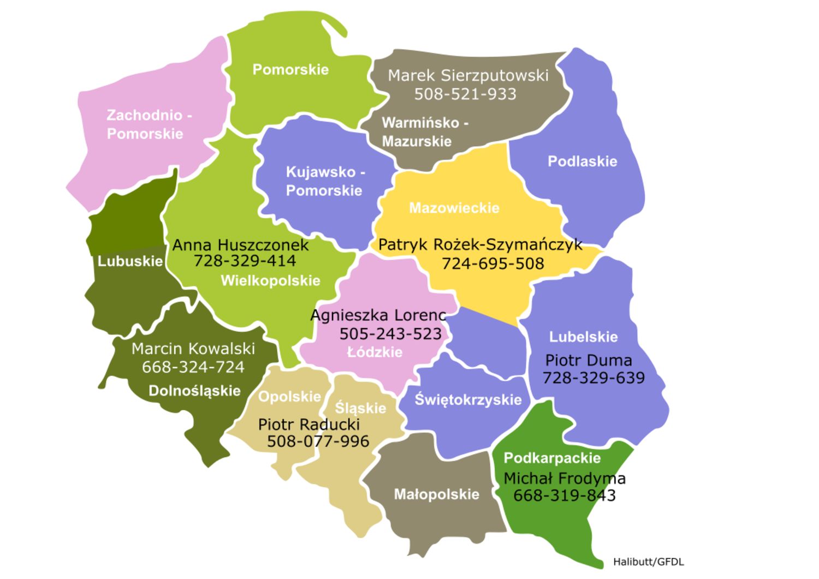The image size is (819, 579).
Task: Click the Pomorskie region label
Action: [x=290, y=70]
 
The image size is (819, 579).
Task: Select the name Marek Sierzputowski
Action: [x=468, y=75]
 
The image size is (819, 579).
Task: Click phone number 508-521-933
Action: [x=465, y=94]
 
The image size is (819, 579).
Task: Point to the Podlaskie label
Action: [x=582, y=162]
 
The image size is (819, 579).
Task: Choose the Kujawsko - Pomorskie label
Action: [x=325, y=181]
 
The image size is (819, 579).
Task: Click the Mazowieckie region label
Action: [x=454, y=208]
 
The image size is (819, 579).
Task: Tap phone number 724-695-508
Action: [x=492, y=264]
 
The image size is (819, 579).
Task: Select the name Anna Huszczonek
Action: [x=240, y=246]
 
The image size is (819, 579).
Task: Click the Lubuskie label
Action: [x=130, y=261]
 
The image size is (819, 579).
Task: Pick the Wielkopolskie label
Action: [x=270, y=281]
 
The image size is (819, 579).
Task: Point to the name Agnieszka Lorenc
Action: [x=378, y=315]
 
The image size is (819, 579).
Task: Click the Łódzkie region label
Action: [x=375, y=353]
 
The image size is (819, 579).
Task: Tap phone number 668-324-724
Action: [x=193, y=367]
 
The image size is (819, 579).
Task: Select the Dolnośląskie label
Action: [x=194, y=391]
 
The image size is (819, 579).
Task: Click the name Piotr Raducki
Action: [x=308, y=425]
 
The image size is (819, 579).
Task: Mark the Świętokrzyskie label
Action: [x=468, y=400]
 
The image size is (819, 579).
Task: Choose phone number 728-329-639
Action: [x=594, y=378]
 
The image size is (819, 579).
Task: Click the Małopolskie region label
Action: [x=436, y=494]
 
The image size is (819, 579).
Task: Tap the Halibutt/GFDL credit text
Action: [x=648, y=562]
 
